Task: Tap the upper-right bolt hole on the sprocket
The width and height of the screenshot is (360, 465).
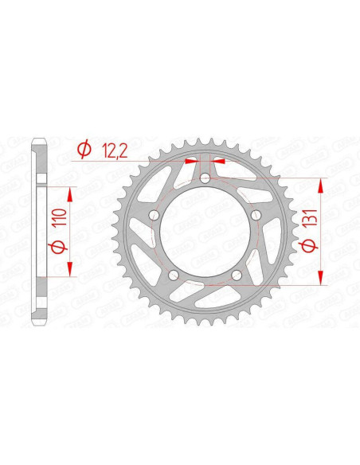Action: point(255,215)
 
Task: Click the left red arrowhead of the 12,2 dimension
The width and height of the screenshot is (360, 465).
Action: point(191,161)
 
